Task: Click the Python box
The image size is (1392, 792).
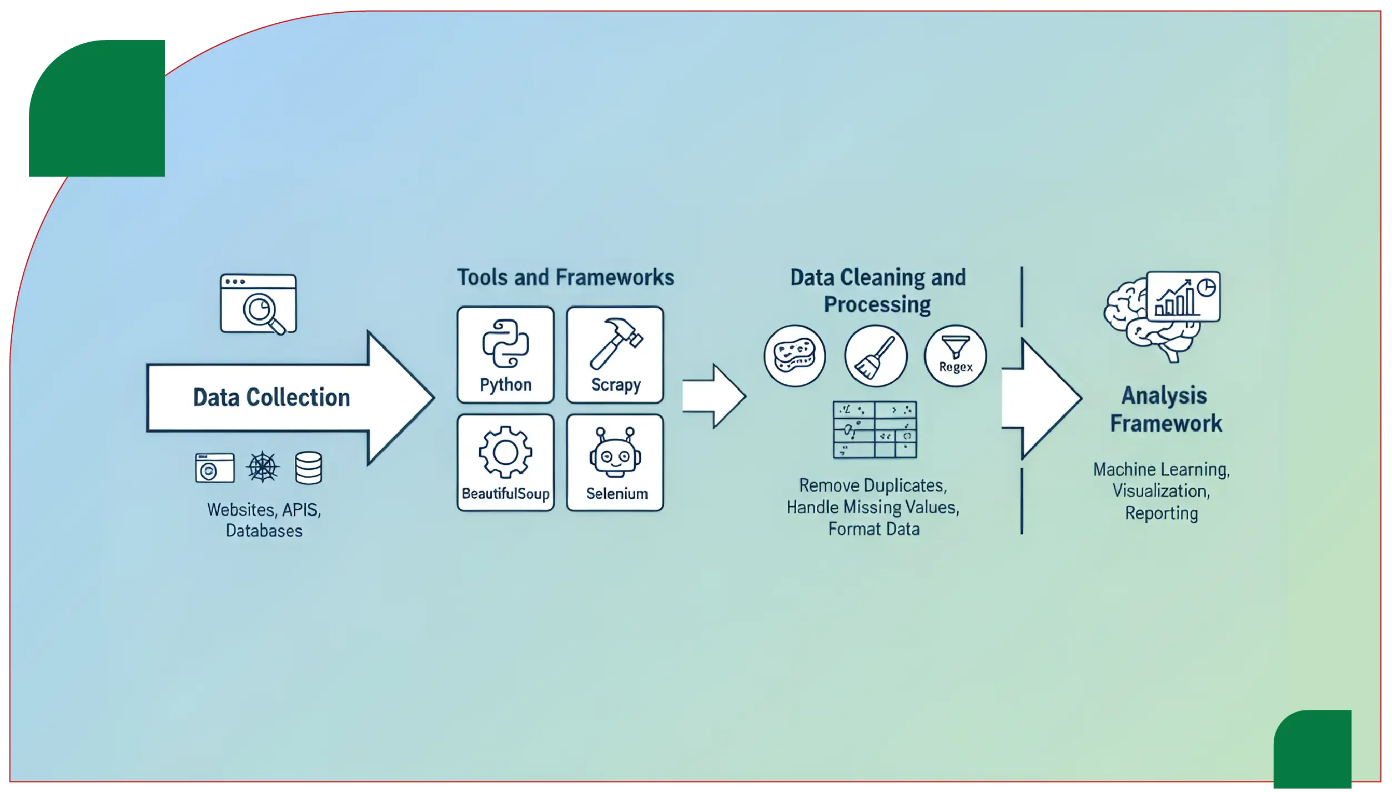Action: pyautogui.click(x=505, y=354)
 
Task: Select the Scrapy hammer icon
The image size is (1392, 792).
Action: pyautogui.click(x=615, y=343)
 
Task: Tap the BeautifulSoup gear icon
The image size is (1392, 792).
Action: pyautogui.click(x=505, y=452)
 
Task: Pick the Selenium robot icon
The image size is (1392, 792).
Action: pyautogui.click(x=615, y=452)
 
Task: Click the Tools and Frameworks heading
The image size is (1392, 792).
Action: pyautogui.click(x=565, y=277)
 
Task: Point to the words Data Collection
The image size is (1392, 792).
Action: pyautogui.click(x=271, y=398)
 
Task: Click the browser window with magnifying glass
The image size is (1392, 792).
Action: pyautogui.click(x=258, y=304)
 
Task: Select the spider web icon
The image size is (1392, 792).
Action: pyautogui.click(x=263, y=467)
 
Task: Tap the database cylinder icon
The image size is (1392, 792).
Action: pyautogui.click(x=309, y=468)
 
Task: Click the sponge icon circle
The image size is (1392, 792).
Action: pyautogui.click(x=795, y=356)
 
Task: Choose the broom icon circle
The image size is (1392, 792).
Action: pyautogui.click(x=876, y=356)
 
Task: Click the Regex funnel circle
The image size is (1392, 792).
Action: pyautogui.click(x=955, y=356)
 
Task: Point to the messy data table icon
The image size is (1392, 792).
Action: pyautogui.click(x=875, y=429)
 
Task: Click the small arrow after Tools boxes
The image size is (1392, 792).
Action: pyautogui.click(x=713, y=396)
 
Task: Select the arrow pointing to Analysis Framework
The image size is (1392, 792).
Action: pyautogui.click(x=1041, y=398)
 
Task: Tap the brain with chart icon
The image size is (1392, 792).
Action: pyautogui.click(x=1160, y=314)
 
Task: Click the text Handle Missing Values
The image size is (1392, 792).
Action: pyautogui.click(x=873, y=507)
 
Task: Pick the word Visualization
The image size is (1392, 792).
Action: pyautogui.click(x=1160, y=491)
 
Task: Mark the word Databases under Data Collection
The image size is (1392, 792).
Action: pyautogui.click(x=264, y=531)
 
